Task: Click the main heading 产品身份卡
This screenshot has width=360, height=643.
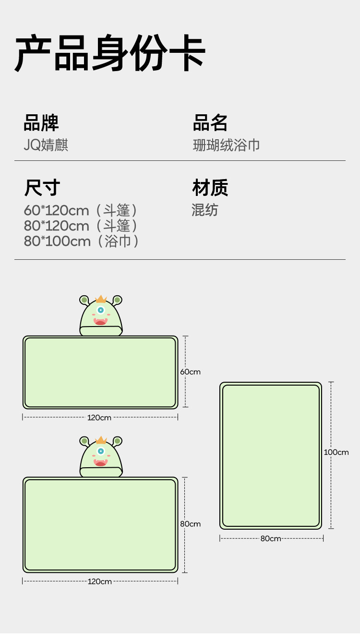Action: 110,53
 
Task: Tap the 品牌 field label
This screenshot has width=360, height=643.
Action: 41,123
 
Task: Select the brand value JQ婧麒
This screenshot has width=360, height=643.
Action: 46,145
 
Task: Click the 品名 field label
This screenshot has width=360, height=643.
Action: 210,123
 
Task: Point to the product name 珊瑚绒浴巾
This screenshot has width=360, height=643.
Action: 226,145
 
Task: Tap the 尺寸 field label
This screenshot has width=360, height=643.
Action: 42,188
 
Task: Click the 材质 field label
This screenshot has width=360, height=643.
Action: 210,188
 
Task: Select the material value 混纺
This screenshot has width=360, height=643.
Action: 205,210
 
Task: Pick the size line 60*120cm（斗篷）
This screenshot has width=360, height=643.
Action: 81,210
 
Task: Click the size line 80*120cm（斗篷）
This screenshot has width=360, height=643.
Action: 81,226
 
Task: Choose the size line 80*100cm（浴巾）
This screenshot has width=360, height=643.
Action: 81,241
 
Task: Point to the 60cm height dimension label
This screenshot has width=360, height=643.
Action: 190,372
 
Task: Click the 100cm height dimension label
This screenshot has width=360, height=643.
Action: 336,452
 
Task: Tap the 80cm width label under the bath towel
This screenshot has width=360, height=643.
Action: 271,539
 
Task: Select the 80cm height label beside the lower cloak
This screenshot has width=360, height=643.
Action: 190,524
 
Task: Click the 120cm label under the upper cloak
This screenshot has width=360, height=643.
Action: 99,418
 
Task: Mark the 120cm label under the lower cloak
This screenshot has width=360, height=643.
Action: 99,582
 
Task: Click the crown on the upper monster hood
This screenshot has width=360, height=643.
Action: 101,299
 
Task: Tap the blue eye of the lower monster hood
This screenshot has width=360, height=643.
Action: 101,451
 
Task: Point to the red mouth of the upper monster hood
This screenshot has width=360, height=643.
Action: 100,322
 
